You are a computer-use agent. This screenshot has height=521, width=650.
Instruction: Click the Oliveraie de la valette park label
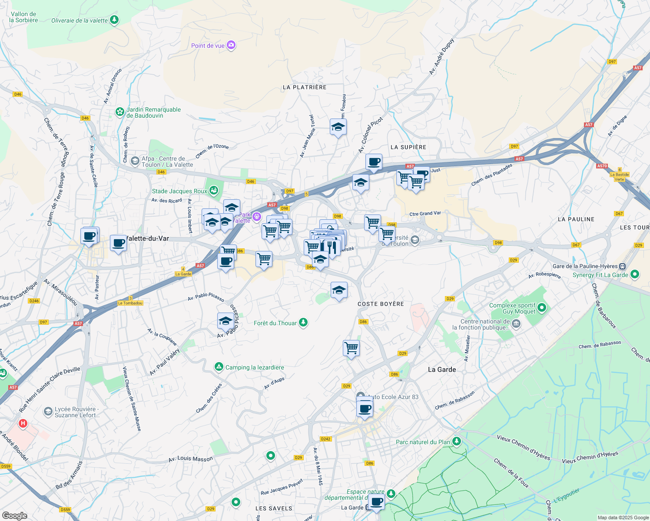pos(80,20)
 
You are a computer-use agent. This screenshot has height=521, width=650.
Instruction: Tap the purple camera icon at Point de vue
pos(232,45)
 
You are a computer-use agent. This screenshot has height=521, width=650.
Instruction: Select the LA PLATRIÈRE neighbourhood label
pos(304,87)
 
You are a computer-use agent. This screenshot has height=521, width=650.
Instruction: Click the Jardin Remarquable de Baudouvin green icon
pos(119,112)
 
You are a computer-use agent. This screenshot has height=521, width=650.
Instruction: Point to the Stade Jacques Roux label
pos(179,191)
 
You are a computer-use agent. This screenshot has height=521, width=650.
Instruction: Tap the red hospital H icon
pos(23,423)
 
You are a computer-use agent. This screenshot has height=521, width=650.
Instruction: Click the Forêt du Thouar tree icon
pos(304,323)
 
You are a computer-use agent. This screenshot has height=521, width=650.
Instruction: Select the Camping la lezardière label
pos(254,367)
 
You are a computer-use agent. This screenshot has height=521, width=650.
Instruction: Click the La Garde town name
pos(442,369)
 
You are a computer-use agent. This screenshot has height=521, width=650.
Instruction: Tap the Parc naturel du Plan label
pos(423,442)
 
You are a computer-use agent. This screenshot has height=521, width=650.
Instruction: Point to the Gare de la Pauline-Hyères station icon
pos(623,266)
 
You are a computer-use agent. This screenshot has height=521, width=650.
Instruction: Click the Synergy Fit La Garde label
pos(600,275)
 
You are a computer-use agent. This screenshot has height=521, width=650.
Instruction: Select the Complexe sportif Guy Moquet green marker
pos(541,308)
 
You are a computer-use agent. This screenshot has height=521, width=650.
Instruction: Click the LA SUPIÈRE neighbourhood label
pos(408,147)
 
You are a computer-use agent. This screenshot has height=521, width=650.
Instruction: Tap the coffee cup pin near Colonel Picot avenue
pos(374,162)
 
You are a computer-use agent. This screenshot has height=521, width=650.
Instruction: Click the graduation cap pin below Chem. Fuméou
pos(338,127)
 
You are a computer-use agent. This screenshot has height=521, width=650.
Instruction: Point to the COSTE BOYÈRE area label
pos(381,304)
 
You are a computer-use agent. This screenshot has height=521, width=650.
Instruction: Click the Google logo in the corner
pos(14,515)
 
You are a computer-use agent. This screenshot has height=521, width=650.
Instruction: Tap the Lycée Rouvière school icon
pos(48,411)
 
